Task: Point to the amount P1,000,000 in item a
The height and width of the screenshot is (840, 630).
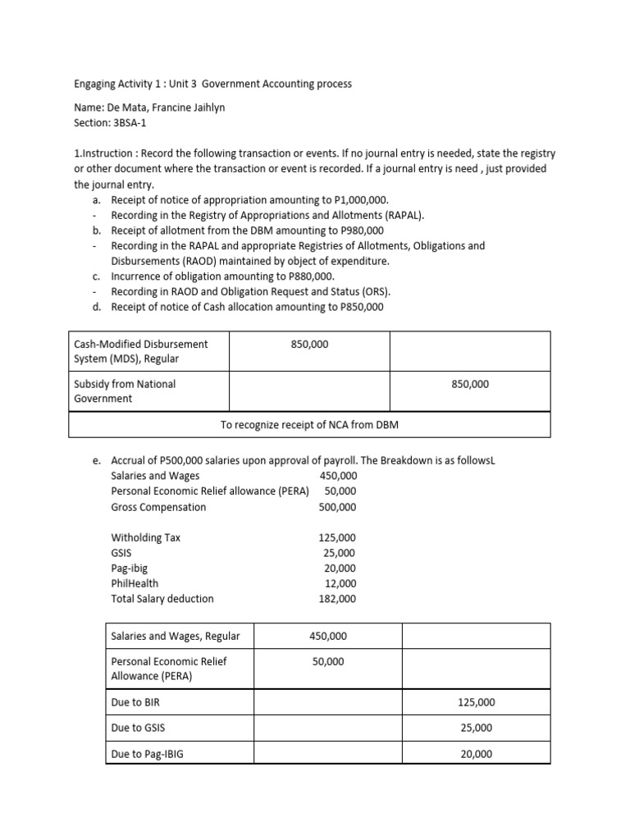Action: pyautogui.click(x=358, y=200)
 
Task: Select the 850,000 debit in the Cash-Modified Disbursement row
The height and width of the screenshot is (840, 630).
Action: pyautogui.click(x=309, y=345)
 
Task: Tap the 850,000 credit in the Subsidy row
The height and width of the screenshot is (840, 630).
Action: pyautogui.click(x=470, y=384)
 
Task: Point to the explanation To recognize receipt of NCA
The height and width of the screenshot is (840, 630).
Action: pyautogui.click(x=309, y=424)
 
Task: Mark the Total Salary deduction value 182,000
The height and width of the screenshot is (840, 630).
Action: pyautogui.click(x=337, y=599)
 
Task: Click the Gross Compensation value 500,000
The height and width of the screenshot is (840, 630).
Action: pyautogui.click(x=337, y=507)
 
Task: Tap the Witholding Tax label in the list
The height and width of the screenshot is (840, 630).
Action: pyautogui.click(x=145, y=537)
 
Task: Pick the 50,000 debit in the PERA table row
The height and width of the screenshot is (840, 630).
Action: pyautogui.click(x=328, y=661)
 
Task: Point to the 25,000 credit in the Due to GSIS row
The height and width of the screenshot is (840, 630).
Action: pyautogui.click(x=476, y=728)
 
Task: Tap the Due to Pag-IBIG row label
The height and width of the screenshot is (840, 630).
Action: pyautogui.click(x=147, y=753)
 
